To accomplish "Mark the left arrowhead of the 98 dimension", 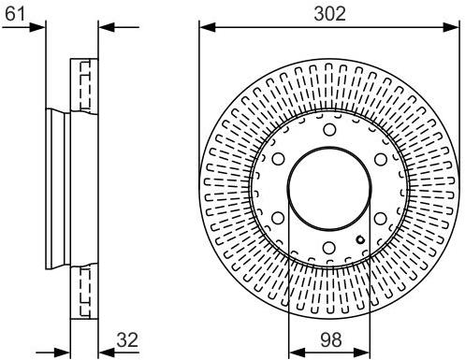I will (x=292, y=352).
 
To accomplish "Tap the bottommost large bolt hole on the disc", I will (x=330, y=248).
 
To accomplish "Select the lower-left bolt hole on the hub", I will (x=279, y=219).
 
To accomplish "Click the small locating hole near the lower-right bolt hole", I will (x=360, y=237).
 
